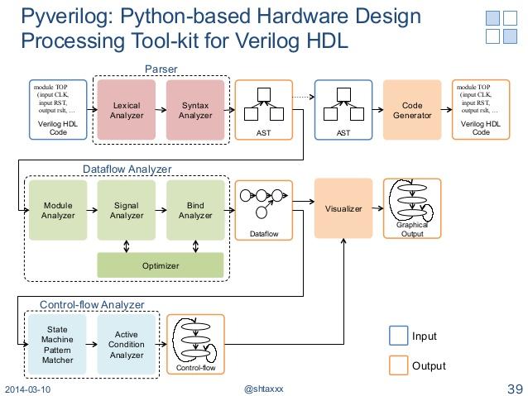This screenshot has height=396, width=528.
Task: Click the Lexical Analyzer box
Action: pyautogui.click(x=127, y=110)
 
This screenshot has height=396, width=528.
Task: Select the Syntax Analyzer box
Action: pyautogui.click(x=195, y=110)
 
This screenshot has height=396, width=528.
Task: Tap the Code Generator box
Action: pyautogui.click(x=412, y=110)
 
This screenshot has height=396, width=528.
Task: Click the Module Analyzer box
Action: pyautogui.click(x=58, y=210)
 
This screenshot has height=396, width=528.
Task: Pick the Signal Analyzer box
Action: pyautogui.click(x=127, y=210)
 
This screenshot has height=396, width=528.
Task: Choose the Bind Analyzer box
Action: pyautogui.click(x=195, y=210)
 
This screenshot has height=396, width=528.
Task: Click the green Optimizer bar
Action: pyautogui.click(x=161, y=265)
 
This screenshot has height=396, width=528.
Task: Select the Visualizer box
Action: pyautogui.click(x=343, y=209)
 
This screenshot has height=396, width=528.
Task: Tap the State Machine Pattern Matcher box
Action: pyautogui.click(x=58, y=344)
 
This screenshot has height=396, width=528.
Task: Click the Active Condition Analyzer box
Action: pyautogui.click(x=127, y=344)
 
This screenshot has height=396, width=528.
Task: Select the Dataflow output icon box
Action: pyautogui.click(x=264, y=210)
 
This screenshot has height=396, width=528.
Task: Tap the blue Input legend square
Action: pyautogui.click(x=398, y=336)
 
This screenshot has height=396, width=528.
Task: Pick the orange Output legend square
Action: pyautogui.click(x=398, y=365)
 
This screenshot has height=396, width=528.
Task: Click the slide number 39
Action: pyautogui.click(x=515, y=389)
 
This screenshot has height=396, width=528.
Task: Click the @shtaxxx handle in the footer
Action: pyautogui.click(x=263, y=389)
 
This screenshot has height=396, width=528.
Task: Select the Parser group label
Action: pyautogui.click(x=161, y=69)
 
